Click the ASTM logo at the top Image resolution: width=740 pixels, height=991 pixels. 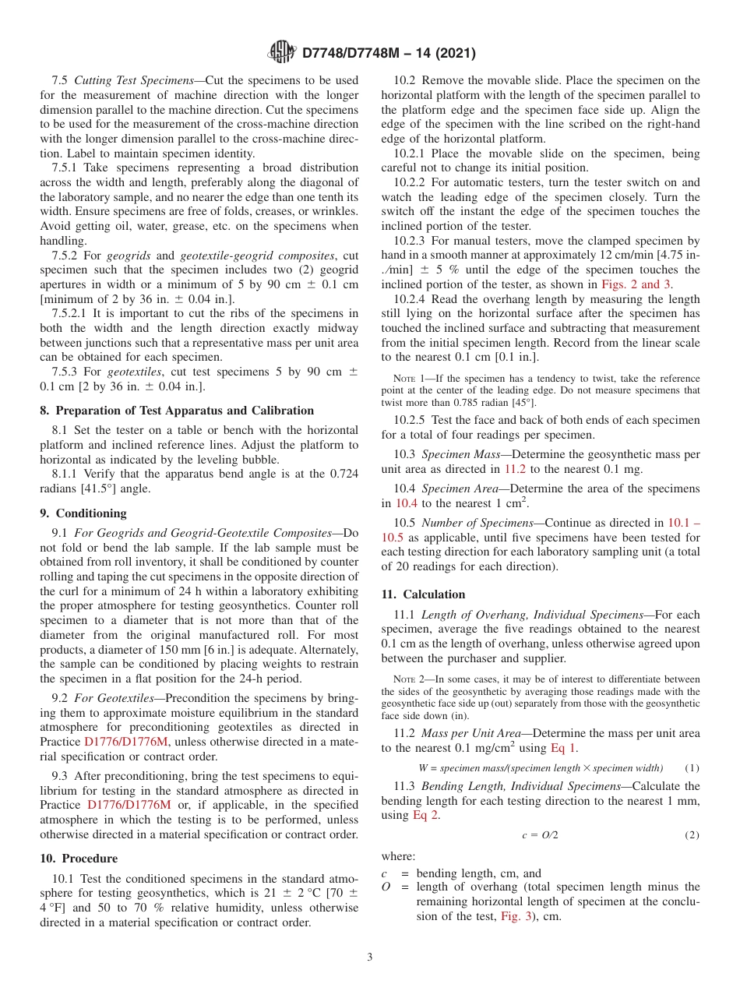[281, 53]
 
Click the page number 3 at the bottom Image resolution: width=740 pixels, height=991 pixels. [370, 957]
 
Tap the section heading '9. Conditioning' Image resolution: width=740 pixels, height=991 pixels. [83, 513]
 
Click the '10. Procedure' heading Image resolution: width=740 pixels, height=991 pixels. [79, 859]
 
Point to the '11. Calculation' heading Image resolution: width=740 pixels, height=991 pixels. [423, 594]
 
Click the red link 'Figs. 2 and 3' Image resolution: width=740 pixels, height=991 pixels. [636, 284]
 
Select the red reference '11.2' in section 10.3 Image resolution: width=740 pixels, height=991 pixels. [515, 469]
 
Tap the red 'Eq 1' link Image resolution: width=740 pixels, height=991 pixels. [564, 748]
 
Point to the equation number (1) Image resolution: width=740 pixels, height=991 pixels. [692, 768]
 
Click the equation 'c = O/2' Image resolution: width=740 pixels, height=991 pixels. [540, 835]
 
